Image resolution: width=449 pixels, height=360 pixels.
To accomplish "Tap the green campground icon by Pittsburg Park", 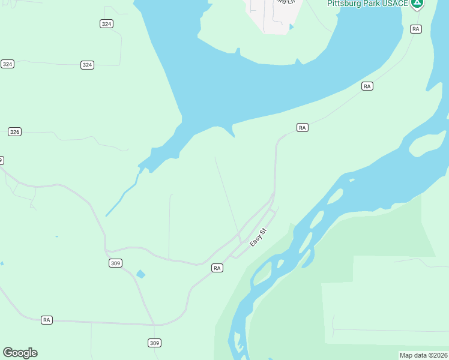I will (417, 3).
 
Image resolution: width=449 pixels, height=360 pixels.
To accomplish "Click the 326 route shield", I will (15, 131).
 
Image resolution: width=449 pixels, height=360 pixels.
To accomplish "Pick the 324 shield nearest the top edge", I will (107, 23).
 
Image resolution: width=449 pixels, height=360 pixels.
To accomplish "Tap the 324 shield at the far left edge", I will (7, 64).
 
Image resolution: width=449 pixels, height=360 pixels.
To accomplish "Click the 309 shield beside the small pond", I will (116, 263).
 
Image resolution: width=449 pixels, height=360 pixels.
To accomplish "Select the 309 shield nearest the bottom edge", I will (154, 343).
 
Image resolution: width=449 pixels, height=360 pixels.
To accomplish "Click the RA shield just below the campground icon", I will (415, 29).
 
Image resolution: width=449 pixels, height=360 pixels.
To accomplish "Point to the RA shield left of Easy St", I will (217, 268).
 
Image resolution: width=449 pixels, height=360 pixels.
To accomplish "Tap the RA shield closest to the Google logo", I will (47, 320).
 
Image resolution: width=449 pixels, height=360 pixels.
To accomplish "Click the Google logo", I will (20, 353).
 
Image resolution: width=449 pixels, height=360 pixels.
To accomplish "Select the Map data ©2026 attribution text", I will (423, 355).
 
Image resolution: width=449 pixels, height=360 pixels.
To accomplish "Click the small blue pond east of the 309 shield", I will (140, 274).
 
